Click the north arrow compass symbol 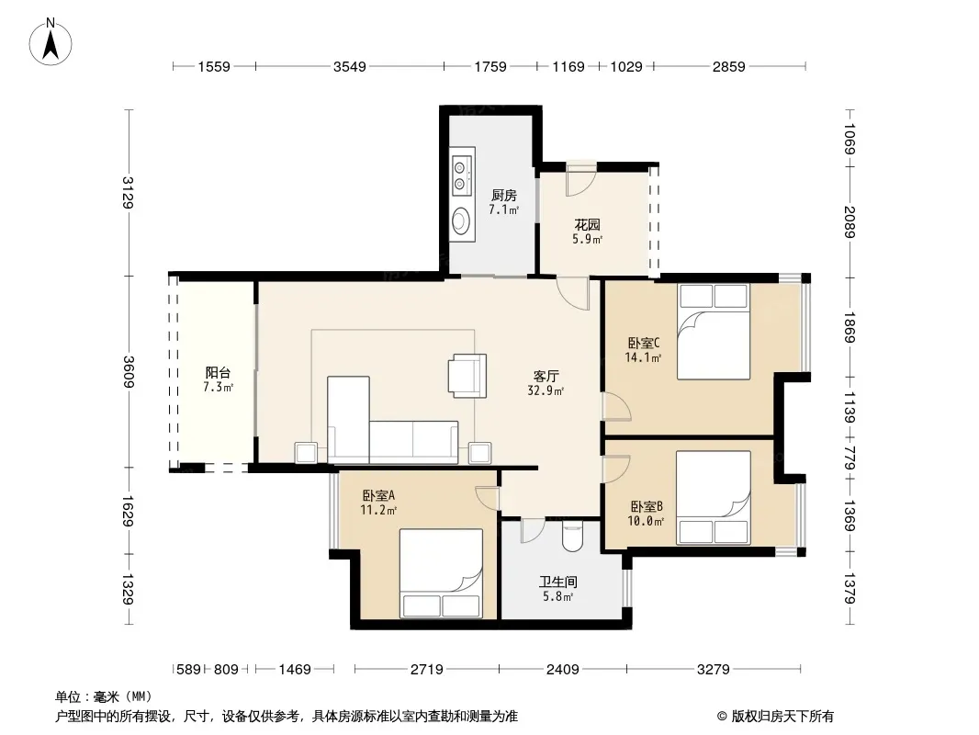pos(51,42)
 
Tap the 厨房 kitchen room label pos(504,196)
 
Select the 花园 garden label pos(587,225)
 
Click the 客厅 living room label pos(546,376)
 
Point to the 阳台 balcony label pos(218,373)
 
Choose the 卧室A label pos(378,496)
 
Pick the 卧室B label pos(647,506)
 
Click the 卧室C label pos(644,343)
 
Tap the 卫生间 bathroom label pos(558,582)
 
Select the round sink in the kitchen pos(461,220)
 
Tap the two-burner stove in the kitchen pos(462,175)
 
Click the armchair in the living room pos(467,375)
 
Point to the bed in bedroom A pos(441,573)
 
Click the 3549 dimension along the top pos(349,67)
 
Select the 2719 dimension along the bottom pos(426,670)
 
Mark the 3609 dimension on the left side pos(129,371)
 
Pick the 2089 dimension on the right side pos(850,221)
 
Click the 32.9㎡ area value pos(546,390)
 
